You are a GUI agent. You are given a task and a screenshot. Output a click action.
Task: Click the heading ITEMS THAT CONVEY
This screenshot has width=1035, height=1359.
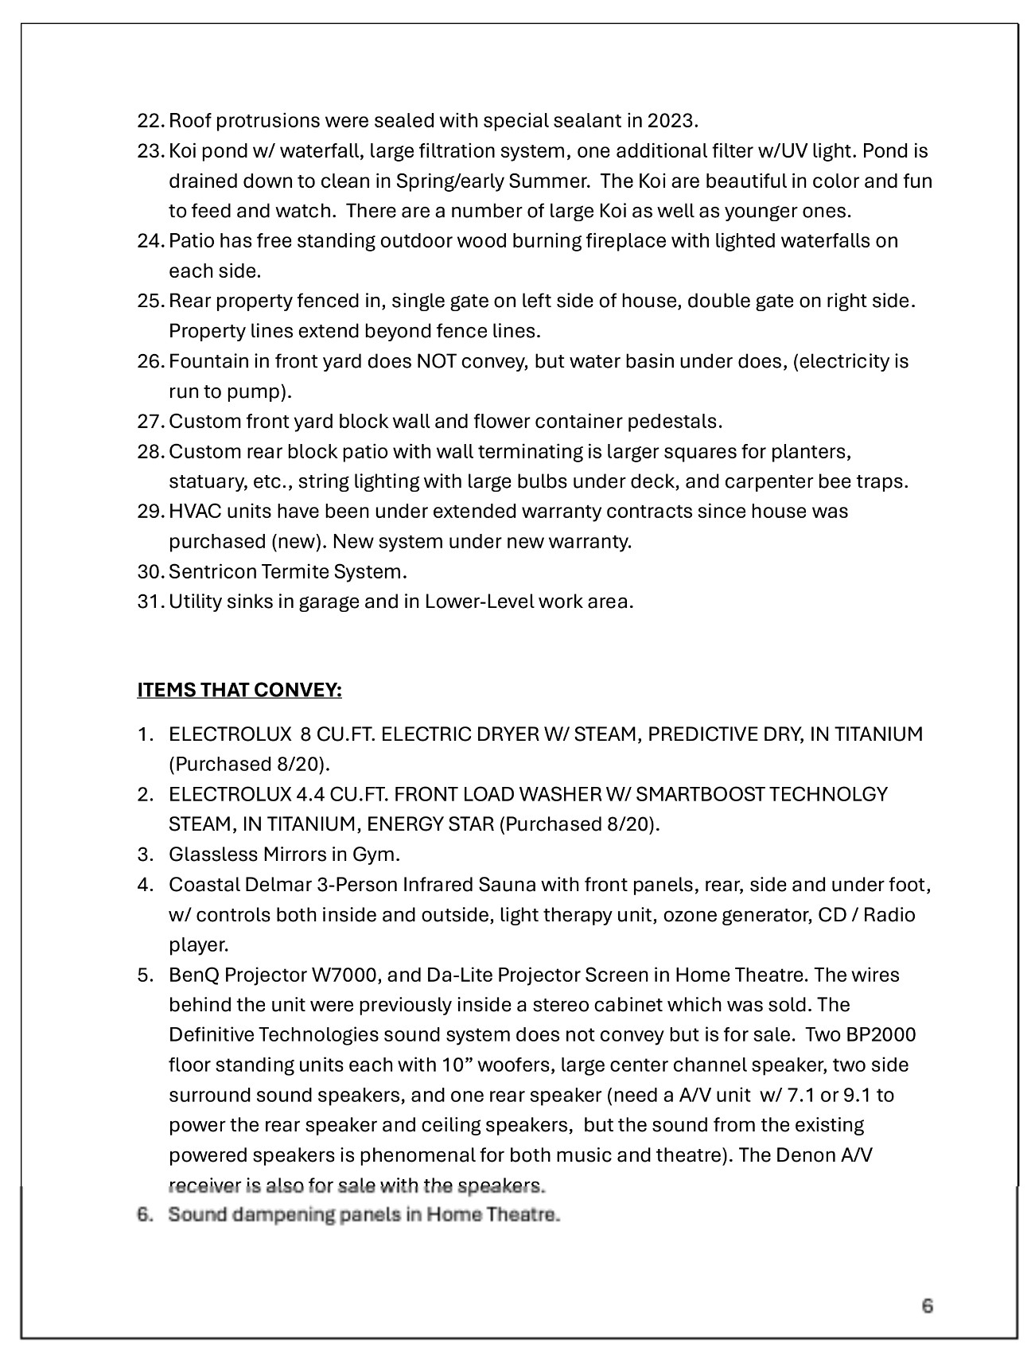coord(239,690)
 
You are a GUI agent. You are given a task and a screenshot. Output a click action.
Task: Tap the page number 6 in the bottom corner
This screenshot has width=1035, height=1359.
coord(927,1306)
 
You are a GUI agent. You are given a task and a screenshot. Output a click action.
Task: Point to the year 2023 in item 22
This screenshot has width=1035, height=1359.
coord(671,121)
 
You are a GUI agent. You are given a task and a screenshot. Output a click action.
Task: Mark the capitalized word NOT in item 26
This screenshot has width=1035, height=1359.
coord(436,362)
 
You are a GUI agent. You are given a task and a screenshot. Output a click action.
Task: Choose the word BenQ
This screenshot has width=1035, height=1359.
coord(193,975)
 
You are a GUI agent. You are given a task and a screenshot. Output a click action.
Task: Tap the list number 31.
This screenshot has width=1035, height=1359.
coord(150,602)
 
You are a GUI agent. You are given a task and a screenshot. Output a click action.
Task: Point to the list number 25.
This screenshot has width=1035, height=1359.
coord(150,302)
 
